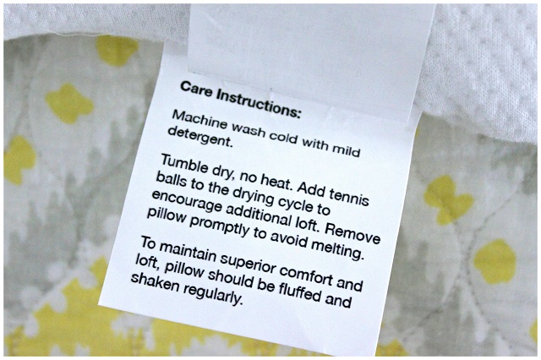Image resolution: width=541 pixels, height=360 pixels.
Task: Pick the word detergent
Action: [x=199, y=137]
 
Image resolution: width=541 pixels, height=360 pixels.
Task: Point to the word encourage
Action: [x=186, y=201]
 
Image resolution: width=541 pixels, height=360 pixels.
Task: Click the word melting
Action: [x=338, y=248]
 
